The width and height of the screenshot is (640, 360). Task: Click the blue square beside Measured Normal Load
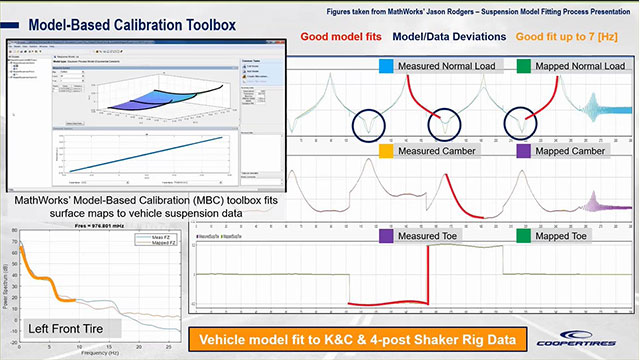point(386,68)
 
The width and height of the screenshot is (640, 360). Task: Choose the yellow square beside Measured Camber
point(386,151)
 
